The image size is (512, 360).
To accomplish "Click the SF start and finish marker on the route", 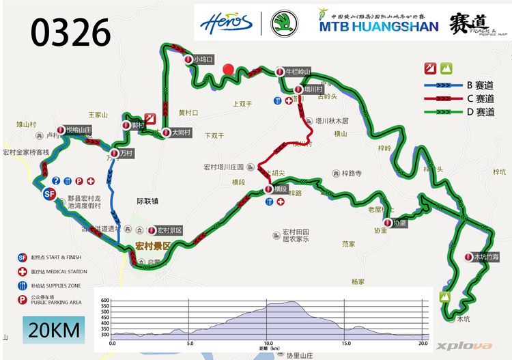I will tap(48, 194).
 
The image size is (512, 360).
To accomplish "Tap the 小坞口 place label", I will tap(203, 59).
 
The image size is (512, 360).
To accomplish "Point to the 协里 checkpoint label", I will tap(399, 223).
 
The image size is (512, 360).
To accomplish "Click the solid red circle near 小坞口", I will tap(229, 69).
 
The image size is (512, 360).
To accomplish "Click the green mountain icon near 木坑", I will tap(446, 297).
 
